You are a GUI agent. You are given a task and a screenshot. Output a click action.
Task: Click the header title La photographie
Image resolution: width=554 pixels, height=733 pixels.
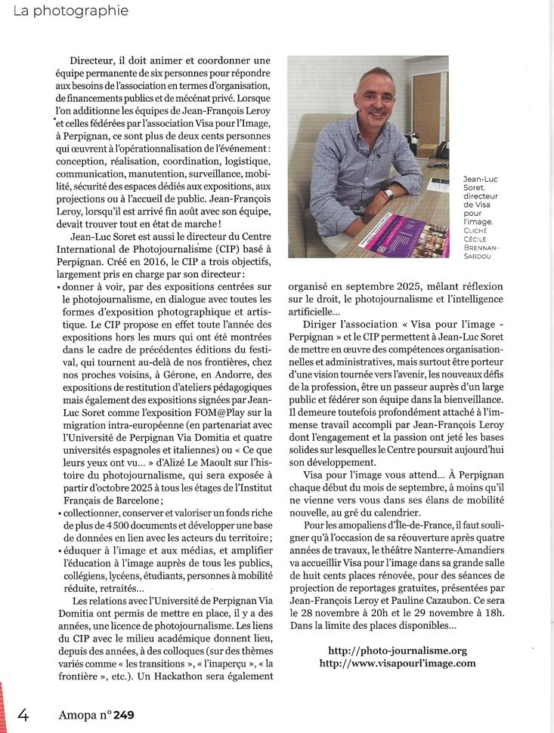[65, 11]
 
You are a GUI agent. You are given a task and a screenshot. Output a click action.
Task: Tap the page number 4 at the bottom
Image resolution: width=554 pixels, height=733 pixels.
[23, 713]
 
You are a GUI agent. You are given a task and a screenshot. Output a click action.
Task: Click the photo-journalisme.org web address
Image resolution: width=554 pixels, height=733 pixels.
[398, 650]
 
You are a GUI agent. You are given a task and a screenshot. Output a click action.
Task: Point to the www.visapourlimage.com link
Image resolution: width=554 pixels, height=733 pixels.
[398, 663]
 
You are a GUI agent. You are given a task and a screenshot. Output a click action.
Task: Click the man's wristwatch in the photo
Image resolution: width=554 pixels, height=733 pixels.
[388, 194]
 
